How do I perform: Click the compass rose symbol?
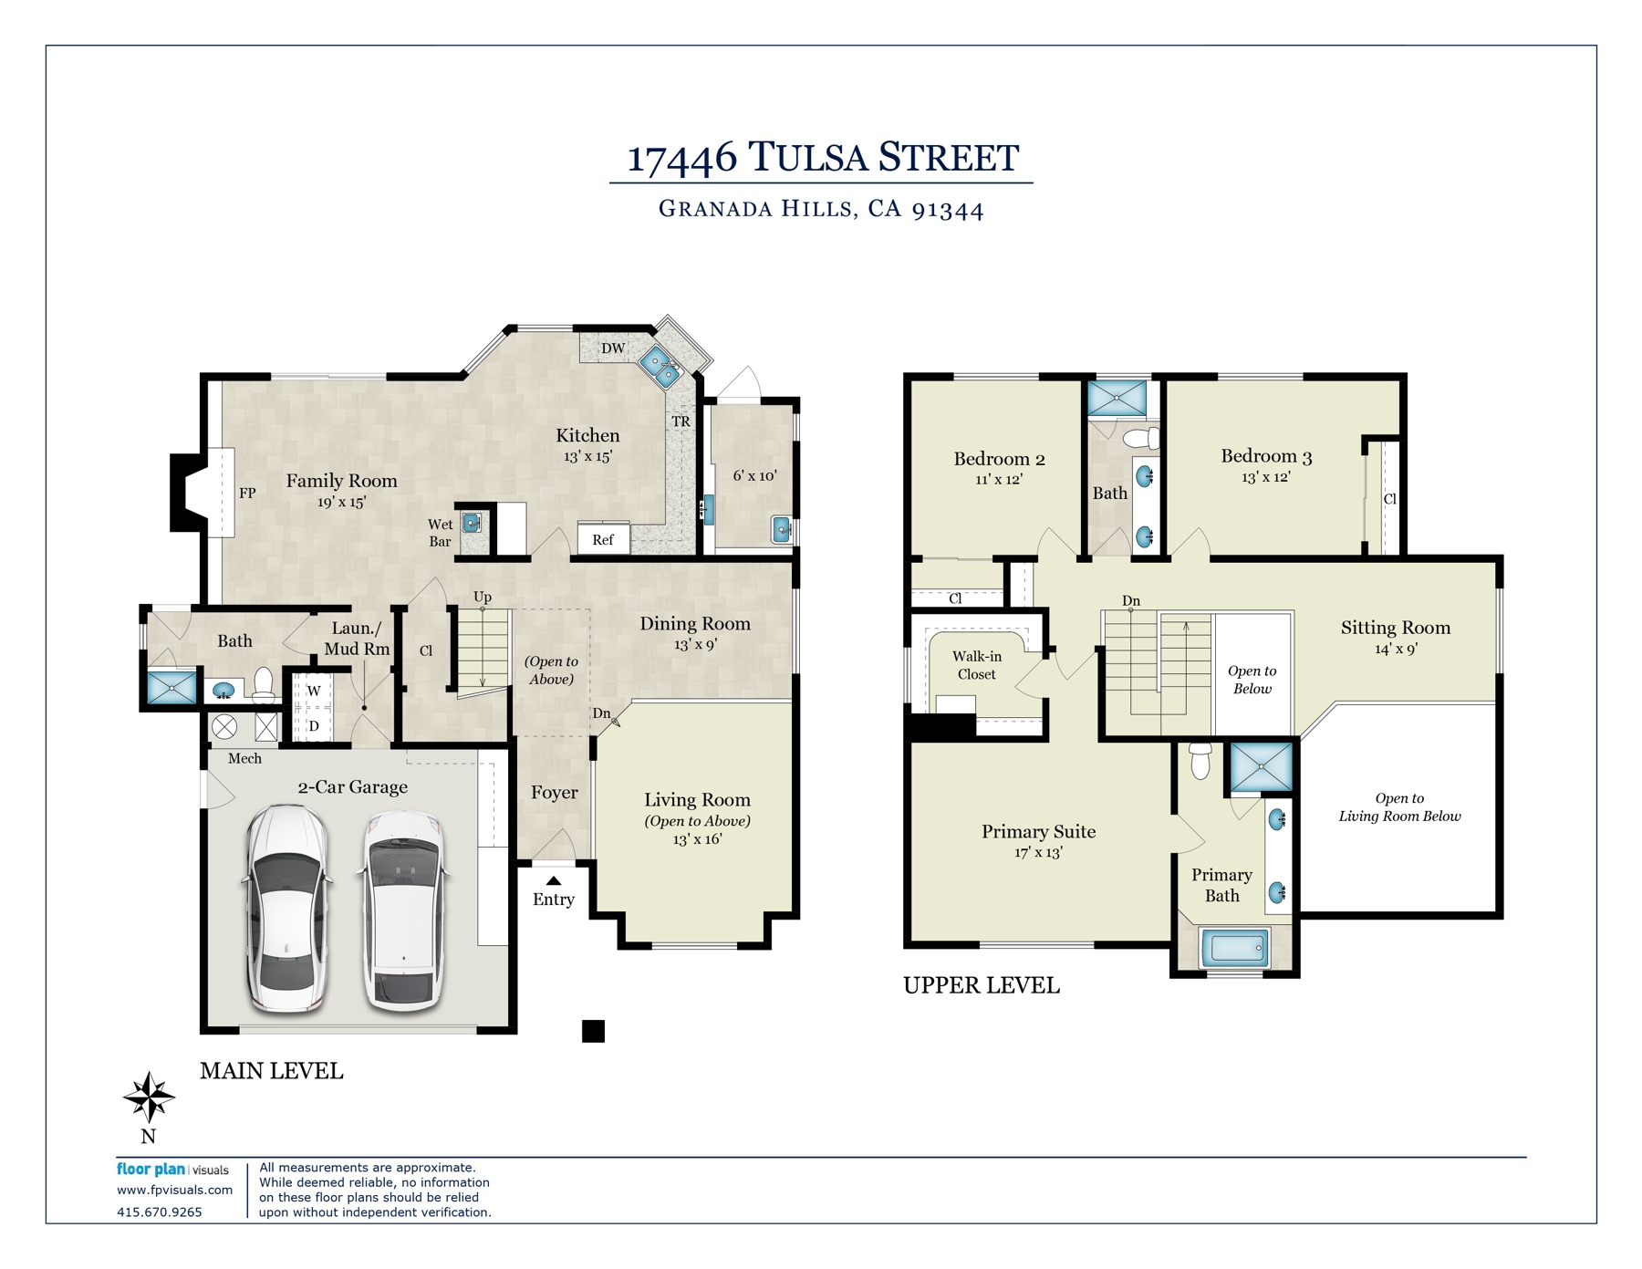(x=149, y=1097)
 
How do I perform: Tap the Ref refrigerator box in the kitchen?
(x=603, y=538)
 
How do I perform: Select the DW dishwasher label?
(x=613, y=348)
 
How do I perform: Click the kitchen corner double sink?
(x=661, y=367)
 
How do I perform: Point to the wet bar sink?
(x=472, y=523)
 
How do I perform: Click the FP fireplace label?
(x=247, y=493)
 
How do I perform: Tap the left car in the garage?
(x=286, y=909)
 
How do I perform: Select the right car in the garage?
(x=404, y=911)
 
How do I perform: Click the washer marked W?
(x=313, y=691)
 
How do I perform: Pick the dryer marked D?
(x=313, y=726)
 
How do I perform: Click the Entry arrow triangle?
(x=554, y=880)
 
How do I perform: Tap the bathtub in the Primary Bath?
(x=1234, y=949)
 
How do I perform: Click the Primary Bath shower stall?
(x=1262, y=766)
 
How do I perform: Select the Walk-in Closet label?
(x=977, y=665)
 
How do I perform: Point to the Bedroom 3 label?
(x=1266, y=455)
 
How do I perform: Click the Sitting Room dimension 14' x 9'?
(x=1396, y=649)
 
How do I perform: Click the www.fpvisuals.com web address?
(x=174, y=1190)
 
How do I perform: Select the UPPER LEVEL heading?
(x=982, y=985)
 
